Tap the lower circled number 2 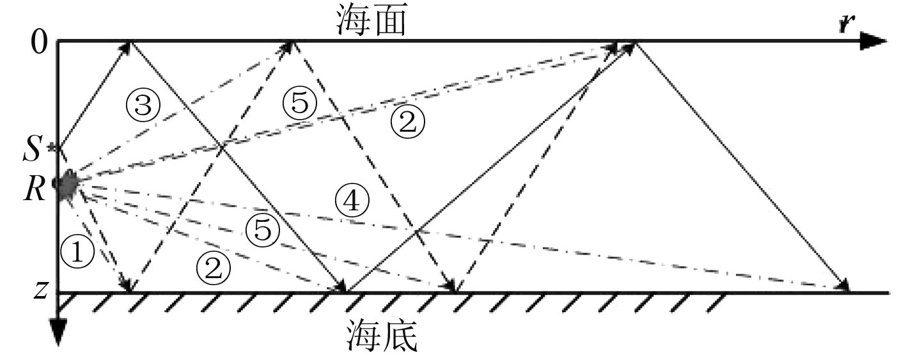(x=213, y=269)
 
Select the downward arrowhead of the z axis (x=58, y=336)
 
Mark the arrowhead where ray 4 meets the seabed (x=843, y=288)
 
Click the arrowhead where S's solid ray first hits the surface (x=129, y=45)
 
